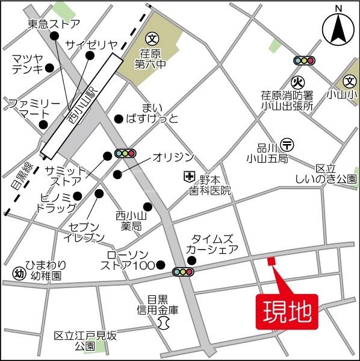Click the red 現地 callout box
click(287, 312)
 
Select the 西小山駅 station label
click(83, 102)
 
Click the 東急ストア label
click(54, 24)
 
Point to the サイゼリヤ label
click(92, 43)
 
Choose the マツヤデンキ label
click(27, 63)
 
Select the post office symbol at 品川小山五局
click(288, 144)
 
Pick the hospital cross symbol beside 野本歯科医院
click(189, 177)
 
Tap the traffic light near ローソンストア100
click(183, 272)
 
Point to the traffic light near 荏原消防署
click(304, 60)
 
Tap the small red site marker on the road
click(270, 261)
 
